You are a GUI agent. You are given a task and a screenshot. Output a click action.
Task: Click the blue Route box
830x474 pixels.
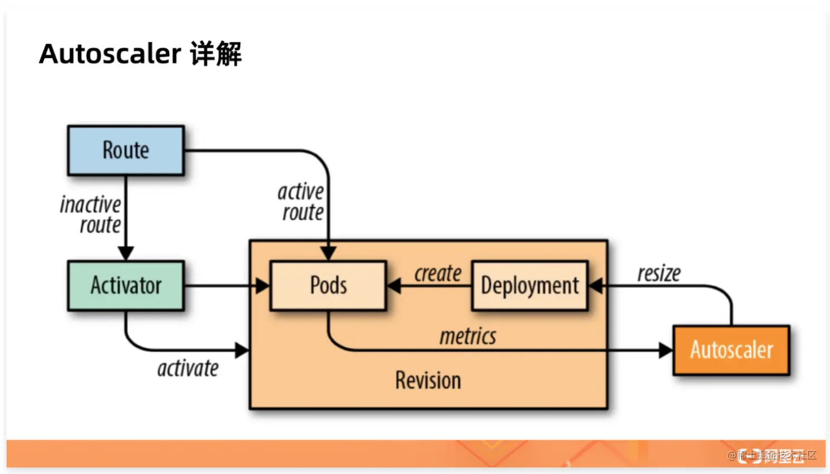[126, 151]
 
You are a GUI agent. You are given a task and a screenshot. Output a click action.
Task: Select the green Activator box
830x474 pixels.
[126, 286]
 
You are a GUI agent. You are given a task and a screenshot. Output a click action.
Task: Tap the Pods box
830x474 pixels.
[328, 286]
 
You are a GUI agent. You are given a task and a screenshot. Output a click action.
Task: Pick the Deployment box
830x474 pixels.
[530, 286]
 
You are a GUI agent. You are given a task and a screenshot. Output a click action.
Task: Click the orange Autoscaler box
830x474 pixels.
[731, 350]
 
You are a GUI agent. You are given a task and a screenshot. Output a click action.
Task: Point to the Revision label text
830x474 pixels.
[428, 381]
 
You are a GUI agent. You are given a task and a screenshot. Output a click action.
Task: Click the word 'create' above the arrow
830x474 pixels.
[438, 273]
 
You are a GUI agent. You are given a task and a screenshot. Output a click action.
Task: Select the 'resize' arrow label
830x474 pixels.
[659, 273]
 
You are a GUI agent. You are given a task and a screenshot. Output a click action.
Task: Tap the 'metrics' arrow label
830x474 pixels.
[468, 336]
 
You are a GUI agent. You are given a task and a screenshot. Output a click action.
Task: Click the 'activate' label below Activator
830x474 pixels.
[188, 368]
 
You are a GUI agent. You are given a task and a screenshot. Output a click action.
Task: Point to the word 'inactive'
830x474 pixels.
[91, 204]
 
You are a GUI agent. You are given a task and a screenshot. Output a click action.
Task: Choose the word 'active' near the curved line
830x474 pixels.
[300, 192]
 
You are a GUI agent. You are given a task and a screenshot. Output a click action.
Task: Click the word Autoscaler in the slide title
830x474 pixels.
[110, 54]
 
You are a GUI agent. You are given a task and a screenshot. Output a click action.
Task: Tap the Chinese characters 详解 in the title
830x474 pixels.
[216, 54]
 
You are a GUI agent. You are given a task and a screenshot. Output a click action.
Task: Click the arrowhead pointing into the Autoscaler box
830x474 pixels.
[666, 350]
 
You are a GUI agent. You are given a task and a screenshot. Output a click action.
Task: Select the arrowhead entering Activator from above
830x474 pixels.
[126, 253]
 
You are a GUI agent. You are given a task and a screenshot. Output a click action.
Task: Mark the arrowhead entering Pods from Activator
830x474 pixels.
[263, 286]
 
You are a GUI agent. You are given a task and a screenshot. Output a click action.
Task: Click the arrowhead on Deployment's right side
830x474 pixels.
[596, 286]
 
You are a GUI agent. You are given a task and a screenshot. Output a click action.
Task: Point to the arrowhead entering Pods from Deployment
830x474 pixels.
[394, 286]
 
